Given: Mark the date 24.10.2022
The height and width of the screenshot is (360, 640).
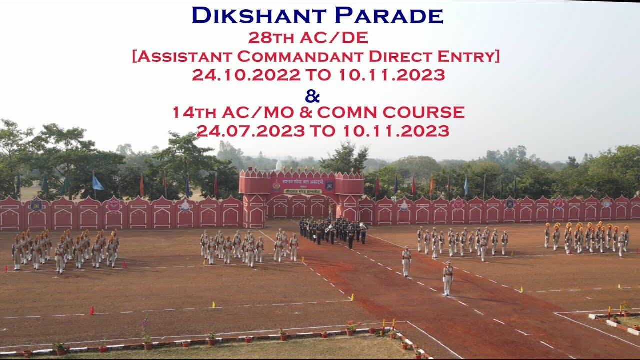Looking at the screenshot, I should click(246, 75).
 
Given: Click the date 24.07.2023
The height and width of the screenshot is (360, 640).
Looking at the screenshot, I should click(250, 131).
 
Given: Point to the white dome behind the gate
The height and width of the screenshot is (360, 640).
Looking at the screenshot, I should click(278, 165).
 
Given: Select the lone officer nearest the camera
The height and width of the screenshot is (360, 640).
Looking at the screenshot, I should click(448, 278).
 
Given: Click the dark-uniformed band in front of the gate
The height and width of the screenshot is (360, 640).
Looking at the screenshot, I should click(332, 231).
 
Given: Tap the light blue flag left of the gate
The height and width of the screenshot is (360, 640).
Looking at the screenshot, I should click(97, 183).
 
